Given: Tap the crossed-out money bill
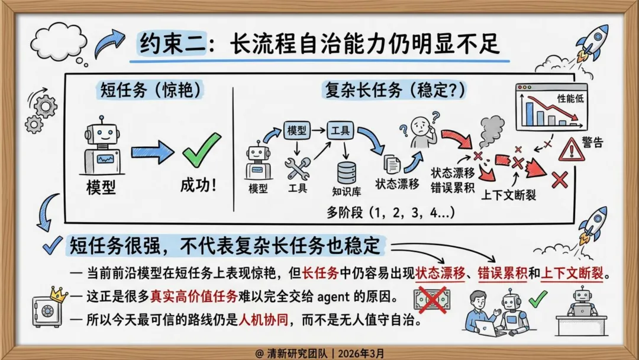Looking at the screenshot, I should click(x=432, y=299).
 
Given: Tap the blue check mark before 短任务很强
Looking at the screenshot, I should click(x=53, y=245).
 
